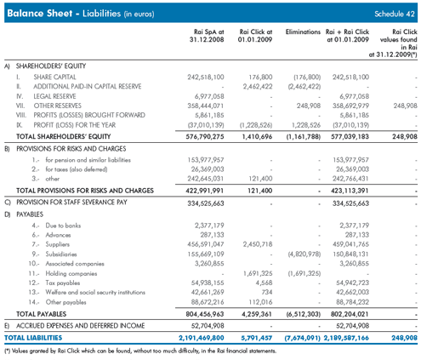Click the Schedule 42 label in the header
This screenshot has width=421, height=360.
point(395,14)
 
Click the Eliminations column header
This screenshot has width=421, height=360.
point(303,31)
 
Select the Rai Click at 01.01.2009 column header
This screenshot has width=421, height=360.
point(255,36)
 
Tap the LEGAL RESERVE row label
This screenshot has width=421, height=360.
point(54,96)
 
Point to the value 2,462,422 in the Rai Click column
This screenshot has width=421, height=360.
point(258,87)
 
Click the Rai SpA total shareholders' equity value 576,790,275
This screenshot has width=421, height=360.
point(205,137)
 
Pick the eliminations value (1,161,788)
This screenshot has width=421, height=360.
point(303,137)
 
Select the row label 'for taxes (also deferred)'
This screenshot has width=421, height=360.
point(77,169)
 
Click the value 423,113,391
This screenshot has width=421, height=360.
point(350,191)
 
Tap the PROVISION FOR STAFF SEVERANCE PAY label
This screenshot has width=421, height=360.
point(71,203)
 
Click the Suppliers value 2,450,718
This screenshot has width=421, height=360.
point(258,244)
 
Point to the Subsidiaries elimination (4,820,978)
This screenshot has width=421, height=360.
point(304,254)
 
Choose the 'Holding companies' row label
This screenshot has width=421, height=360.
point(71,273)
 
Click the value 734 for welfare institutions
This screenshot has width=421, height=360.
point(267,292)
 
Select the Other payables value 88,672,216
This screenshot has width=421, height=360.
point(208,302)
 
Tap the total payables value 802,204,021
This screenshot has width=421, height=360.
point(350,314)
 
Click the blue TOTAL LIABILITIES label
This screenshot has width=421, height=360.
point(33,338)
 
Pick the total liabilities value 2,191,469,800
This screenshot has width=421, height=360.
point(202,338)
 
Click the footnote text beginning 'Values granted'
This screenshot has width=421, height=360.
point(140,351)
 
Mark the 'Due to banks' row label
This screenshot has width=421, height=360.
point(63,226)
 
